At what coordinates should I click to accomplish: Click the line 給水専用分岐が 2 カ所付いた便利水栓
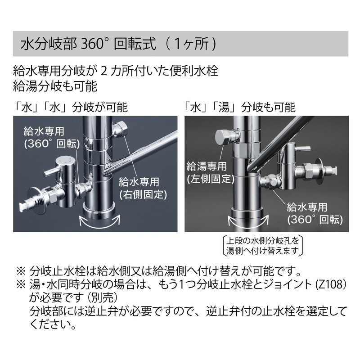tap(116, 71)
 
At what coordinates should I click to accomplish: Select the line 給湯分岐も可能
tap(55, 85)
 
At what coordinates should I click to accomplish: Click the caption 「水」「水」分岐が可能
tap(70, 108)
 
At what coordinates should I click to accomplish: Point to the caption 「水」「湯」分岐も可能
tap(240, 108)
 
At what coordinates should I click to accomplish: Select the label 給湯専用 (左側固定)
tap(211, 171)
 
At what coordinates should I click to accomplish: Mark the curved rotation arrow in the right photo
tap(248, 220)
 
